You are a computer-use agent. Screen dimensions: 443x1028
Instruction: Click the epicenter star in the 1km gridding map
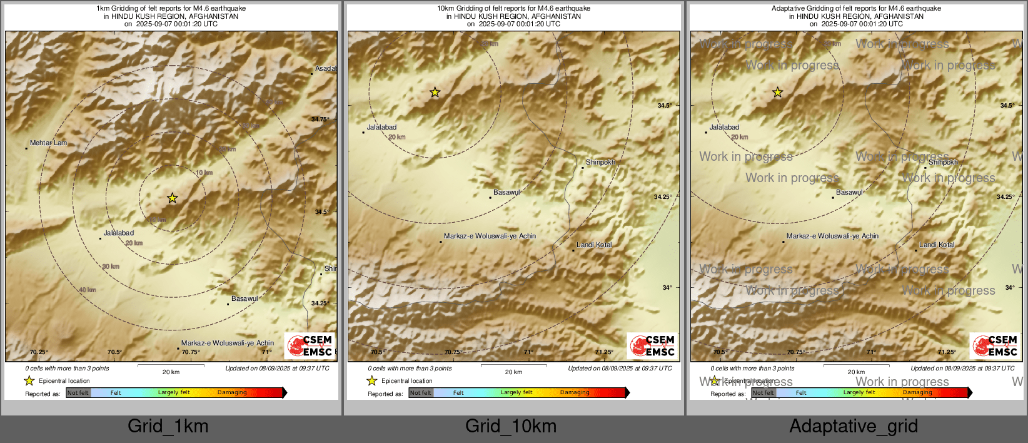click(x=172, y=198)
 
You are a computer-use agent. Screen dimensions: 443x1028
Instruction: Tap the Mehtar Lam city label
click(x=48, y=143)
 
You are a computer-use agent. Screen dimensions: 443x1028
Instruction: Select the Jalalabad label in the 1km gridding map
click(x=119, y=233)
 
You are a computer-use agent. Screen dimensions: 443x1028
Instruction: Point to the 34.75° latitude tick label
click(x=320, y=120)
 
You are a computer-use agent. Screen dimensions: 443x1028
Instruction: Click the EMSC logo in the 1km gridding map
click(x=310, y=345)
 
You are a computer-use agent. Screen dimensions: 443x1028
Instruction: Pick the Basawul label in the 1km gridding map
click(x=244, y=299)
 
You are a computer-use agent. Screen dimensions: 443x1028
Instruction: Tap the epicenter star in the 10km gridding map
click(x=435, y=93)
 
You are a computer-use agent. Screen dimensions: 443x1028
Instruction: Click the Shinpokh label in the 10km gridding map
click(x=600, y=162)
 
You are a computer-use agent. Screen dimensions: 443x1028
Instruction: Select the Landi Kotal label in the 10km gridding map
click(x=594, y=245)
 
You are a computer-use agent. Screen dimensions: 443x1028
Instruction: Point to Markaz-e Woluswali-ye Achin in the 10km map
click(x=490, y=237)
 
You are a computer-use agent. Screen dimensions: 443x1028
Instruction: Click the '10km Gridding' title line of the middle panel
click(x=513, y=9)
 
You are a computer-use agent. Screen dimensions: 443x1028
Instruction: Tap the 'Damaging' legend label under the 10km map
click(x=575, y=393)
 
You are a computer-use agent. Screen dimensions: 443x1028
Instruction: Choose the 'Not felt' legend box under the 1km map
click(x=78, y=393)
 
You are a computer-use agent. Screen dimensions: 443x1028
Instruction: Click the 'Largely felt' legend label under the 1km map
click(x=173, y=393)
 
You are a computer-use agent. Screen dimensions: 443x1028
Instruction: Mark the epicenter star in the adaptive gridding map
click(x=777, y=93)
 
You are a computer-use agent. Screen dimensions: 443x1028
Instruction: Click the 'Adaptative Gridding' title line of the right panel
click(x=856, y=9)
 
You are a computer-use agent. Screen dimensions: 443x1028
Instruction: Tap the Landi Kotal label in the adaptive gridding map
click(x=937, y=245)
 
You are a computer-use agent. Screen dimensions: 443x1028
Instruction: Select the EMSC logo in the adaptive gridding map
click(x=995, y=345)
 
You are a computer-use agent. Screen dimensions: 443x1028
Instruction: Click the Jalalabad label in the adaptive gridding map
click(x=724, y=128)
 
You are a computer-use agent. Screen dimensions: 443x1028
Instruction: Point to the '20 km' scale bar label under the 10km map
click(x=513, y=372)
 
